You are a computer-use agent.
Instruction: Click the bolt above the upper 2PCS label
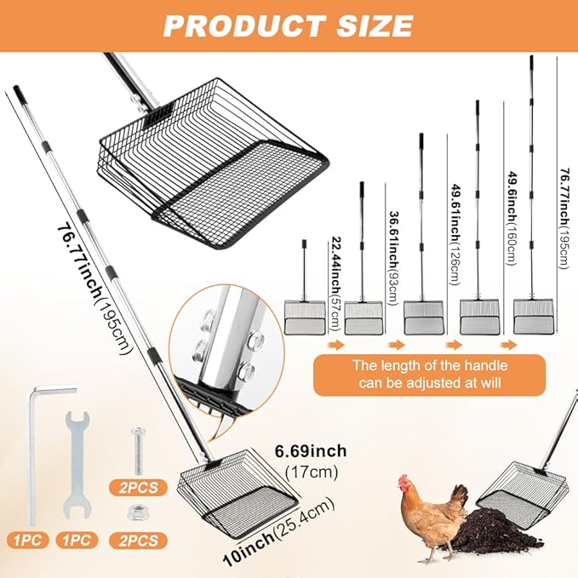tap(139, 455)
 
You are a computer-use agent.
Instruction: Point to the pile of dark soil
tap(481, 531)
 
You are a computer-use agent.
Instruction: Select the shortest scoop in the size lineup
tap(304, 310)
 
